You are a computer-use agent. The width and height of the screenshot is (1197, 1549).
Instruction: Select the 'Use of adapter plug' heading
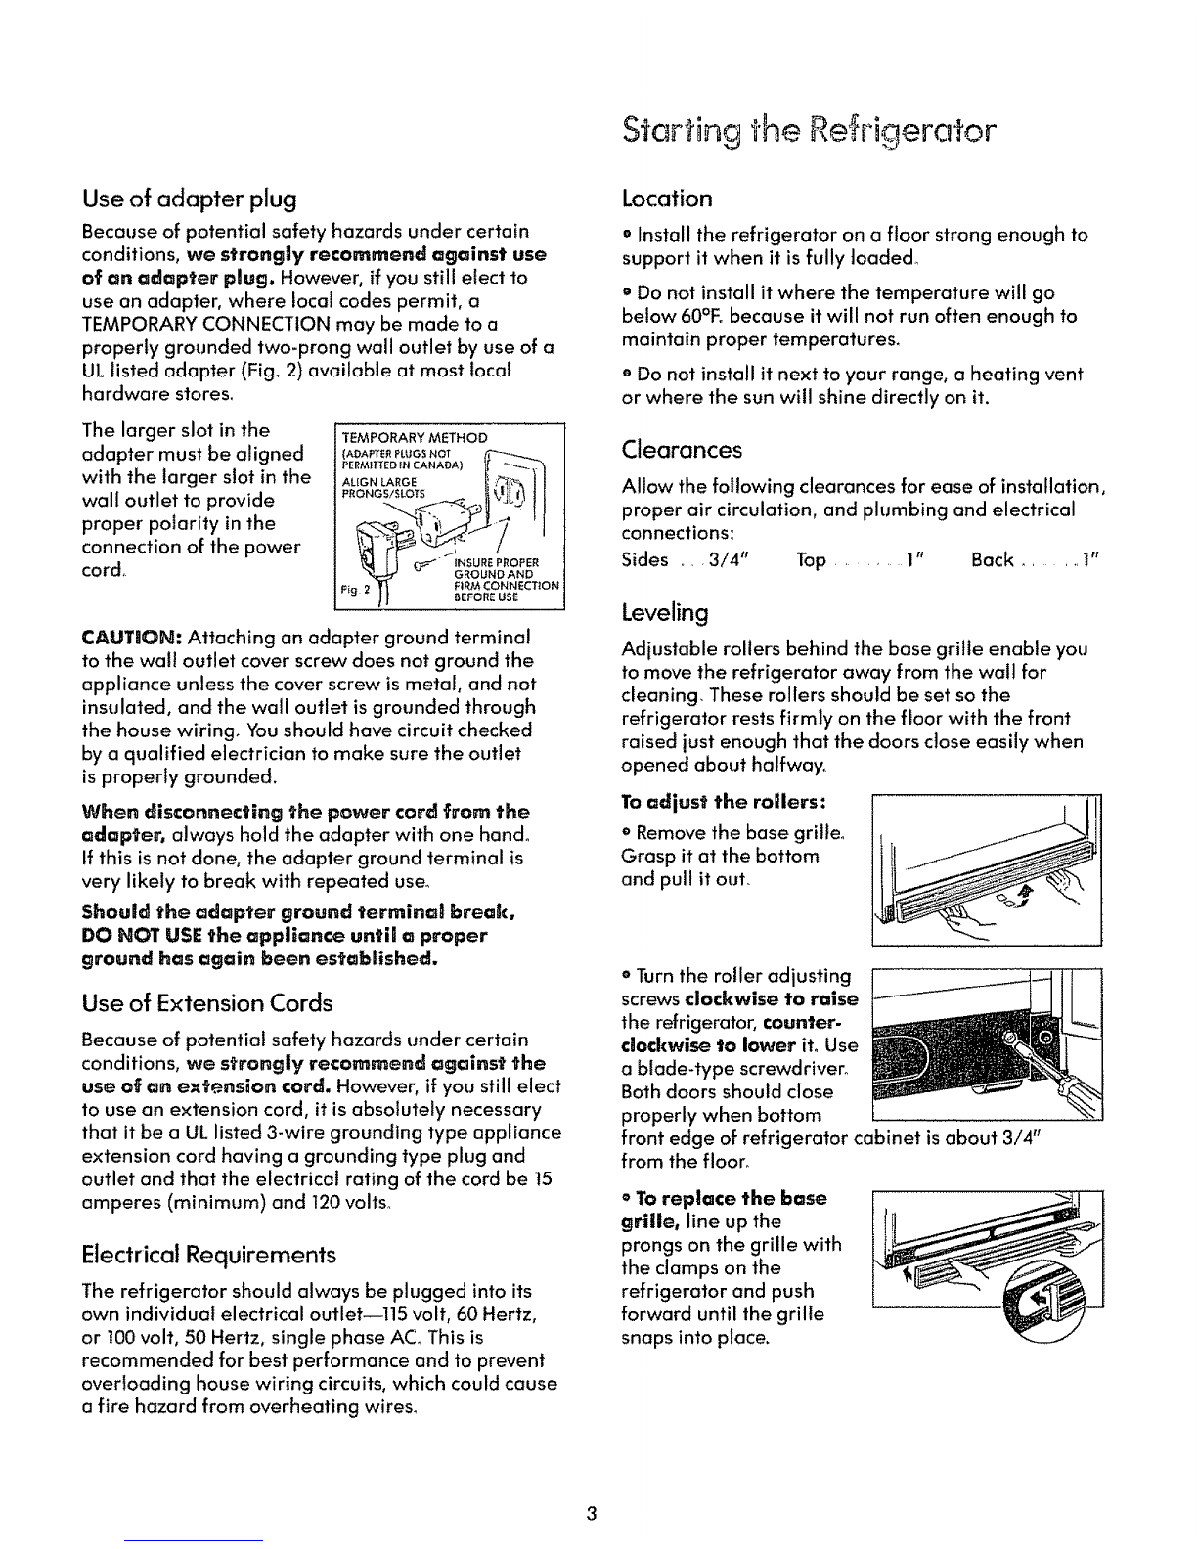[191, 200]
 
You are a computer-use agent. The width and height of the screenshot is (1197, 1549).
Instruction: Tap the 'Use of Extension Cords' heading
[206, 1002]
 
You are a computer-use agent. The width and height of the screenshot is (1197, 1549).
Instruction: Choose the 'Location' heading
[667, 199]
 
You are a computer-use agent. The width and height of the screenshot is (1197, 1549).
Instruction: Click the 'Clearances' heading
[682, 450]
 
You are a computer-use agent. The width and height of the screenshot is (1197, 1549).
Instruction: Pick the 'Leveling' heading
[665, 613]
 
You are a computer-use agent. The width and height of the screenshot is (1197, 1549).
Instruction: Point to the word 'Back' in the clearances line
[992, 560]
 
